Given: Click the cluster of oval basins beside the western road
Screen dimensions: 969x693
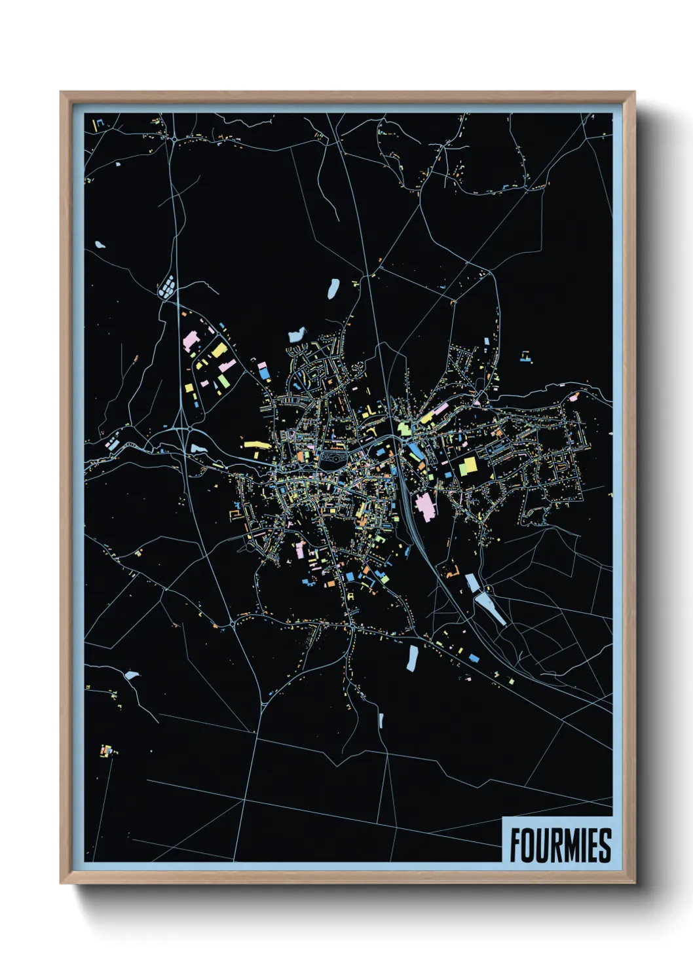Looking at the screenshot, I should pos(168,285).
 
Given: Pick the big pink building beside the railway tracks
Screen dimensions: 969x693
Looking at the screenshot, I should pos(425,507).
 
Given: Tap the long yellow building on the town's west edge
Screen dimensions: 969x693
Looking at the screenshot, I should pos(257,445).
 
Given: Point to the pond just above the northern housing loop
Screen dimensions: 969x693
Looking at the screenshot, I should pos(297,335).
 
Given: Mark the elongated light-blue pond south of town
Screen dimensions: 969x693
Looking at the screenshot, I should pos(412,657).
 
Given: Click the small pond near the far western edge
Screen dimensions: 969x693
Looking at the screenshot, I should pos(100,245).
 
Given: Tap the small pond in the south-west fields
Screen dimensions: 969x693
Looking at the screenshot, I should pos(132,674).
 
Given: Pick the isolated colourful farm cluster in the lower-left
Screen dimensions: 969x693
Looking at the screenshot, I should pos(107,750).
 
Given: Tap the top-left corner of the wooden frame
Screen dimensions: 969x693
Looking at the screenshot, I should pos(62,93).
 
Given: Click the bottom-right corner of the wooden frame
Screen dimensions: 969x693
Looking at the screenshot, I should pos(633,883).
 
